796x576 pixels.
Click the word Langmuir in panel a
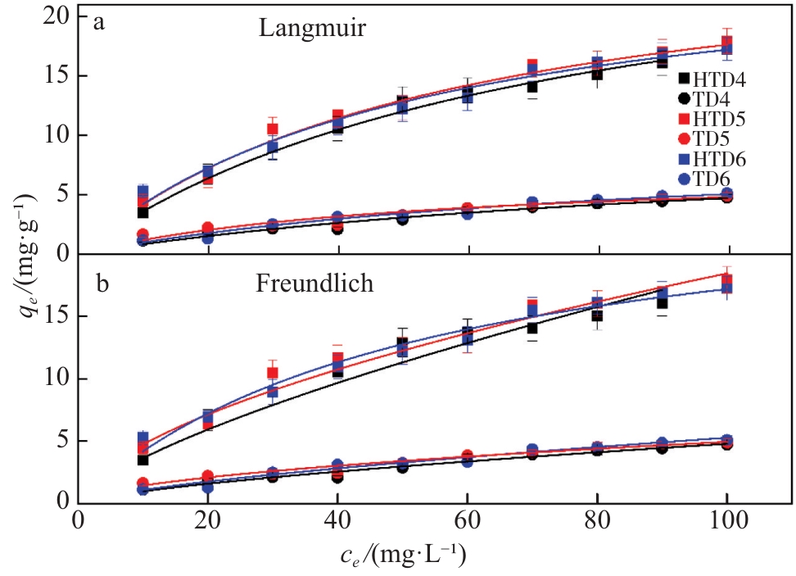[x=312, y=29]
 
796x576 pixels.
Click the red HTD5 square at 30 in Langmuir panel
[x=273, y=129]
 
